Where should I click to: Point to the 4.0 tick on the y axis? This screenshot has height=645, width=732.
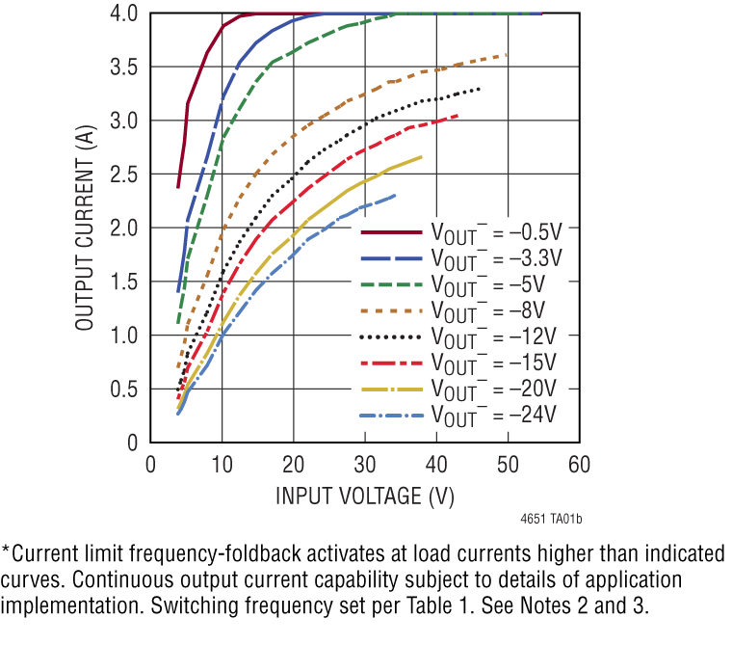click(x=122, y=14)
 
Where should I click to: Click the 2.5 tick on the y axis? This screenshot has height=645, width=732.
click(x=122, y=175)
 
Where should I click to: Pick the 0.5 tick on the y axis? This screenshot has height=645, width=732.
click(x=122, y=389)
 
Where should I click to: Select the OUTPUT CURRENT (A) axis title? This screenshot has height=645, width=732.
click(x=85, y=228)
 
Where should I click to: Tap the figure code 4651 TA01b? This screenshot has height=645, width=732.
click(x=551, y=520)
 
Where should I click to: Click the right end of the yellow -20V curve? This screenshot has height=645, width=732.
click(x=421, y=156)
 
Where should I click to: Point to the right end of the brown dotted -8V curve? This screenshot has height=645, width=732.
click(x=506, y=55)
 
